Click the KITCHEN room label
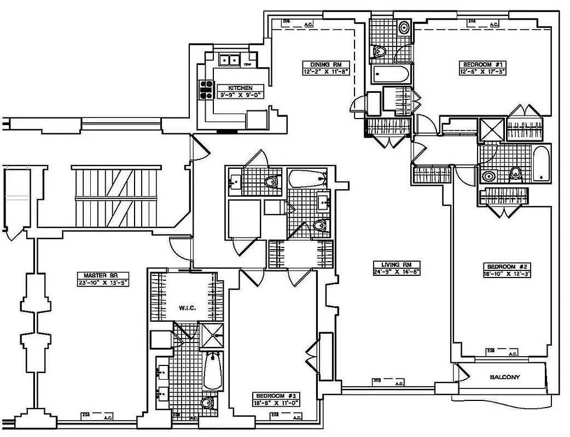click(x=240, y=88)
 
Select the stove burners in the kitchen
click(x=206, y=90)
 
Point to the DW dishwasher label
click(x=247, y=64)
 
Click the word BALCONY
click(x=504, y=377)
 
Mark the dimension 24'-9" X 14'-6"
click(x=397, y=271)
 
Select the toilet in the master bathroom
click(x=206, y=404)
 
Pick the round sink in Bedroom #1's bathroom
click(x=404, y=27)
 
